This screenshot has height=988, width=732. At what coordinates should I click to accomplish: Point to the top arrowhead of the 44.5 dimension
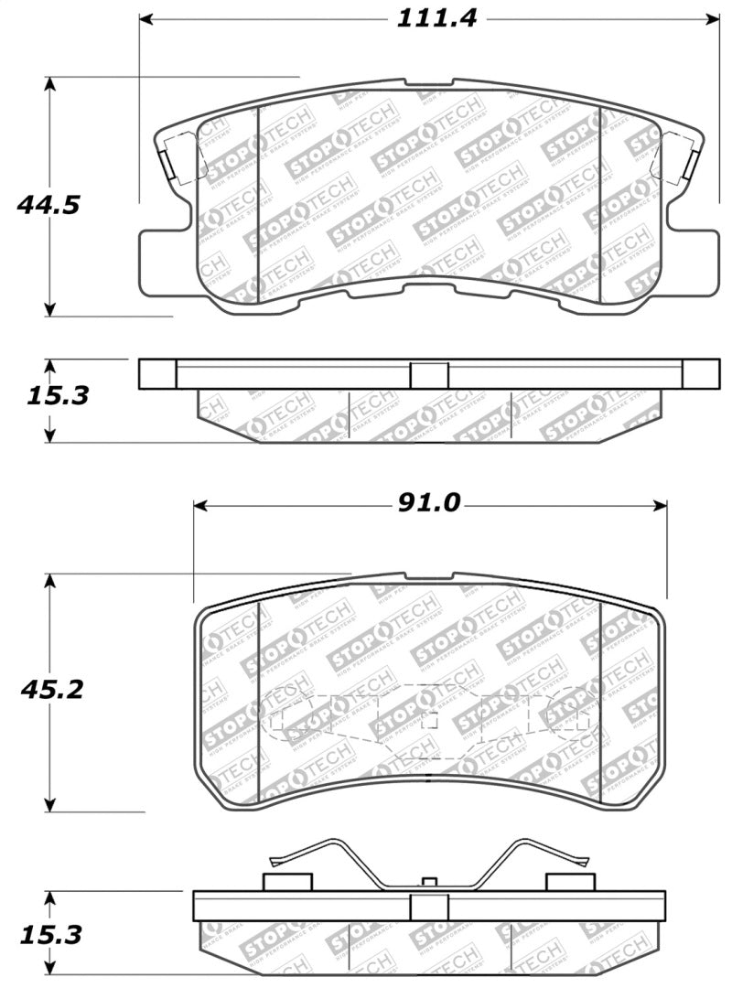[x=50, y=84]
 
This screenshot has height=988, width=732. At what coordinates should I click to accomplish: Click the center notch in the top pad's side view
[x=428, y=375]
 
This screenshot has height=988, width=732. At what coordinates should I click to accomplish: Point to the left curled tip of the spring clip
[x=278, y=860]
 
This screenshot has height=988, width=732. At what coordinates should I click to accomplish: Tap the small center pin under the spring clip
[x=428, y=882]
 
